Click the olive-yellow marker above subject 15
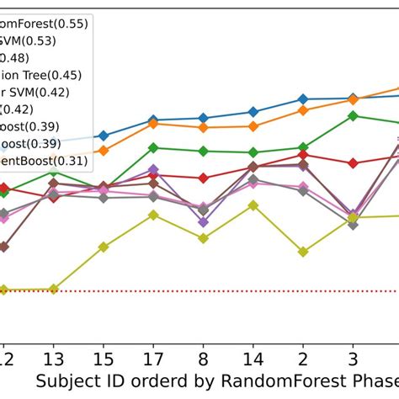[x=103, y=247]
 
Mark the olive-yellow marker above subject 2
[x=302, y=251]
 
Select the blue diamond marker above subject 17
[x=152, y=120]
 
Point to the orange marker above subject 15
[x=103, y=151]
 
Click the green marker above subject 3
[x=353, y=116]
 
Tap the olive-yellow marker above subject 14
[x=253, y=205]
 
